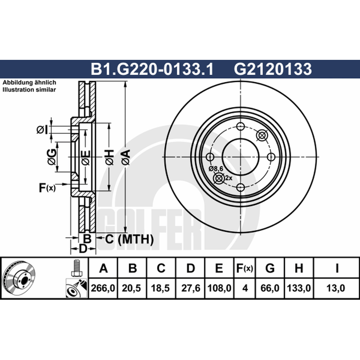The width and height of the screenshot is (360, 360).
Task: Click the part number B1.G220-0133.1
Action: [152, 69]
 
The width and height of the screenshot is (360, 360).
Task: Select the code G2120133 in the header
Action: [273, 69]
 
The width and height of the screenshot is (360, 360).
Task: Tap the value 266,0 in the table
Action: [103, 288]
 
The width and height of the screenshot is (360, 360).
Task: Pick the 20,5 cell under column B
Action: [131, 288]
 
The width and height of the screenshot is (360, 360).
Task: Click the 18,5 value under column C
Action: [160, 288]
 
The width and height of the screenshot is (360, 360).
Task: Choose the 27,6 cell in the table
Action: [191, 288]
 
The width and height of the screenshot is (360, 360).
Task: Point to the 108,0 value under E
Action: [219, 288]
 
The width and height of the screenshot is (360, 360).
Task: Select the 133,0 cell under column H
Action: [299, 288]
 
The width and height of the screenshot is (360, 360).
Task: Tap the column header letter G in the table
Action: [270, 268]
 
